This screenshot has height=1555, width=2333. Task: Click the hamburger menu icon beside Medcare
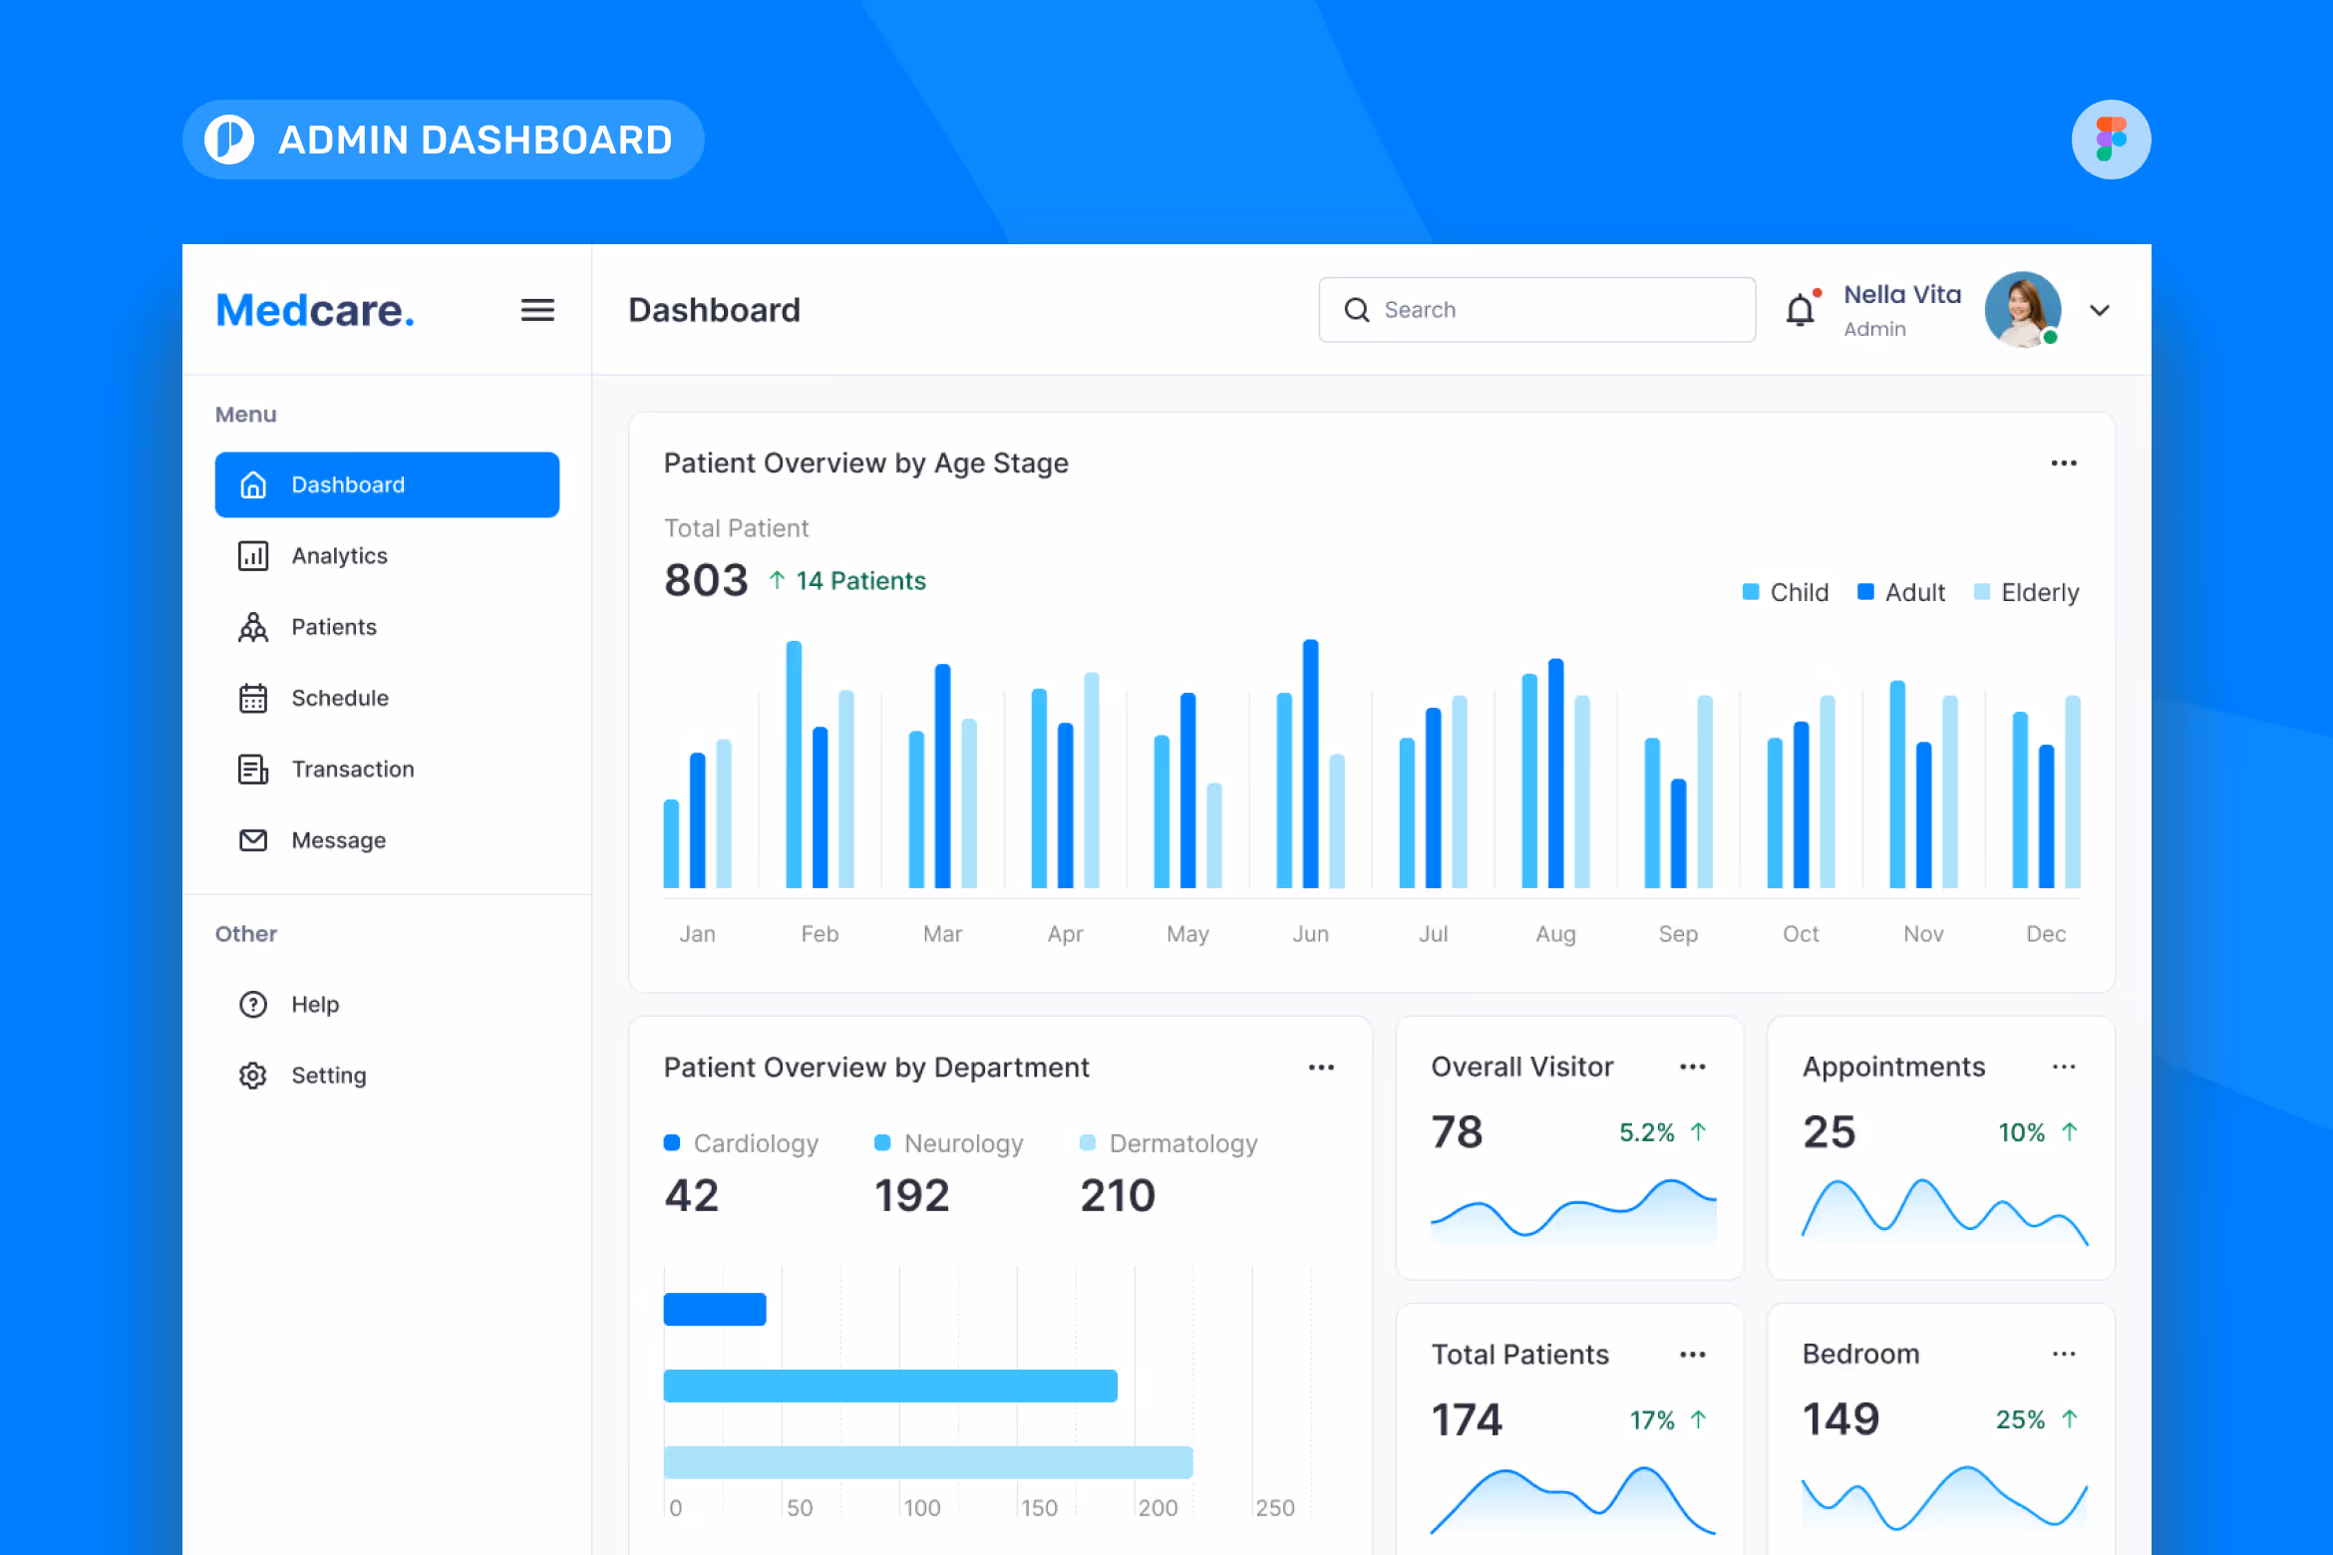coord(537,310)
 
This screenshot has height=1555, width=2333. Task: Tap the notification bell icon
coord(1800,311)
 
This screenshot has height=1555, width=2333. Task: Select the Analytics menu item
coord(339,556)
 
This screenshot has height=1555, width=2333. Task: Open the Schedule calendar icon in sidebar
coord(253,698)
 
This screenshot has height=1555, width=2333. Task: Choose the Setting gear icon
coord(253,1076)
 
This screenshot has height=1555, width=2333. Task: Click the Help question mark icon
coord(253,1004)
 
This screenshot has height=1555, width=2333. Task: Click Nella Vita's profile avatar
coord(2022,310)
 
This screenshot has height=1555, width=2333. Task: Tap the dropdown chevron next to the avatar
coord(2099,310)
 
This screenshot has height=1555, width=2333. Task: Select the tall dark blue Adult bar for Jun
coord(1310,764)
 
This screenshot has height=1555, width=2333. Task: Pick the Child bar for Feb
coord(794,764)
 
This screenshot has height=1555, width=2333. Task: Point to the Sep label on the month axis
coord(1678,934)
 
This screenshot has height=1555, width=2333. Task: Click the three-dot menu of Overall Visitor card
coord(1692,1067)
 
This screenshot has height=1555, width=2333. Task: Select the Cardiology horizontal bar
coord(715,1309)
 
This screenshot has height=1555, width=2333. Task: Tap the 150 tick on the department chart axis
coord(1039,1507)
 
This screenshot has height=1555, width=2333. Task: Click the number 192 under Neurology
coord(911,1195)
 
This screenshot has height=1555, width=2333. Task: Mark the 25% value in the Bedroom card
coord(2020,1419)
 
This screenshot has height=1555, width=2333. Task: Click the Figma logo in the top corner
coord(2111,140)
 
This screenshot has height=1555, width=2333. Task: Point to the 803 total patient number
coord(706,580)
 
